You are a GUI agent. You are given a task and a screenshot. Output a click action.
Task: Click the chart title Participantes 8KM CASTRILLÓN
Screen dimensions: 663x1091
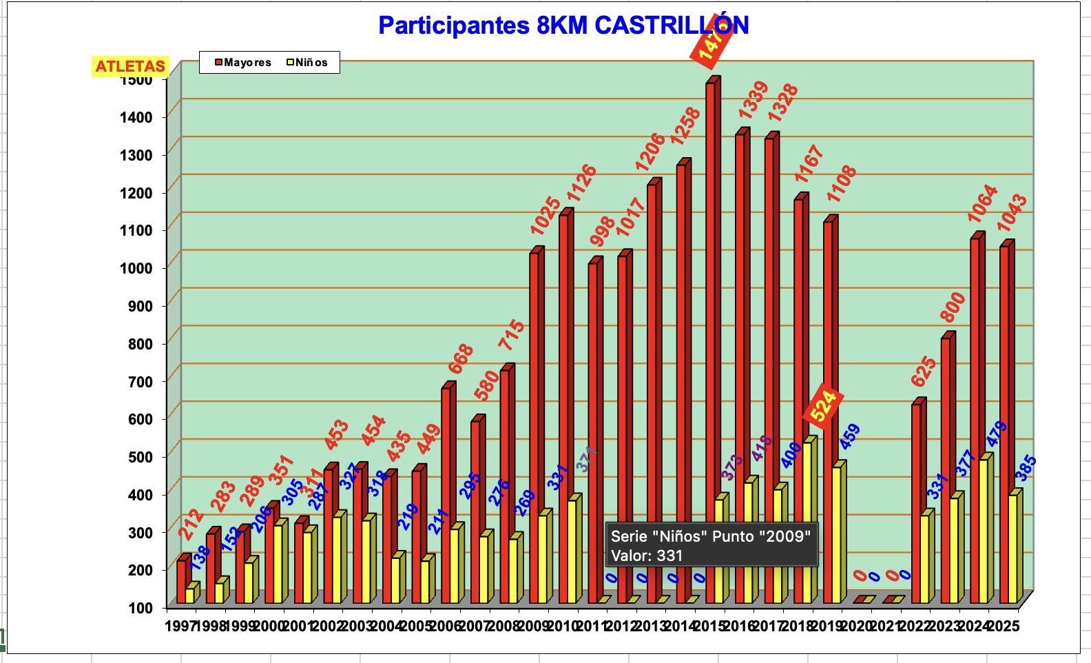(563, 25)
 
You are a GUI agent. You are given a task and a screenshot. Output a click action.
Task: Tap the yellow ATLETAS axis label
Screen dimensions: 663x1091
(130, 66)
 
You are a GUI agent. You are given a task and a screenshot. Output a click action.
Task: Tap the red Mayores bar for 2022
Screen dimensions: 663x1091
(916, 503)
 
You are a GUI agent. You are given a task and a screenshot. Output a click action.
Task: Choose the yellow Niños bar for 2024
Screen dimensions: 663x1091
(984, 531)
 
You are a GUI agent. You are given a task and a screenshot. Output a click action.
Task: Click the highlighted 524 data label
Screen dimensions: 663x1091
(823, 406)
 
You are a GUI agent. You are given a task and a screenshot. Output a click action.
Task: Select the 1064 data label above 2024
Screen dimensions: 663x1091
(982, 203)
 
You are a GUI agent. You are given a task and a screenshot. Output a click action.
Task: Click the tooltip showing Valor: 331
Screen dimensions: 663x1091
(711, 545)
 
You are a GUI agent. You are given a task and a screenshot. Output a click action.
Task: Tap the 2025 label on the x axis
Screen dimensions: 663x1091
(1004, 626)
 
